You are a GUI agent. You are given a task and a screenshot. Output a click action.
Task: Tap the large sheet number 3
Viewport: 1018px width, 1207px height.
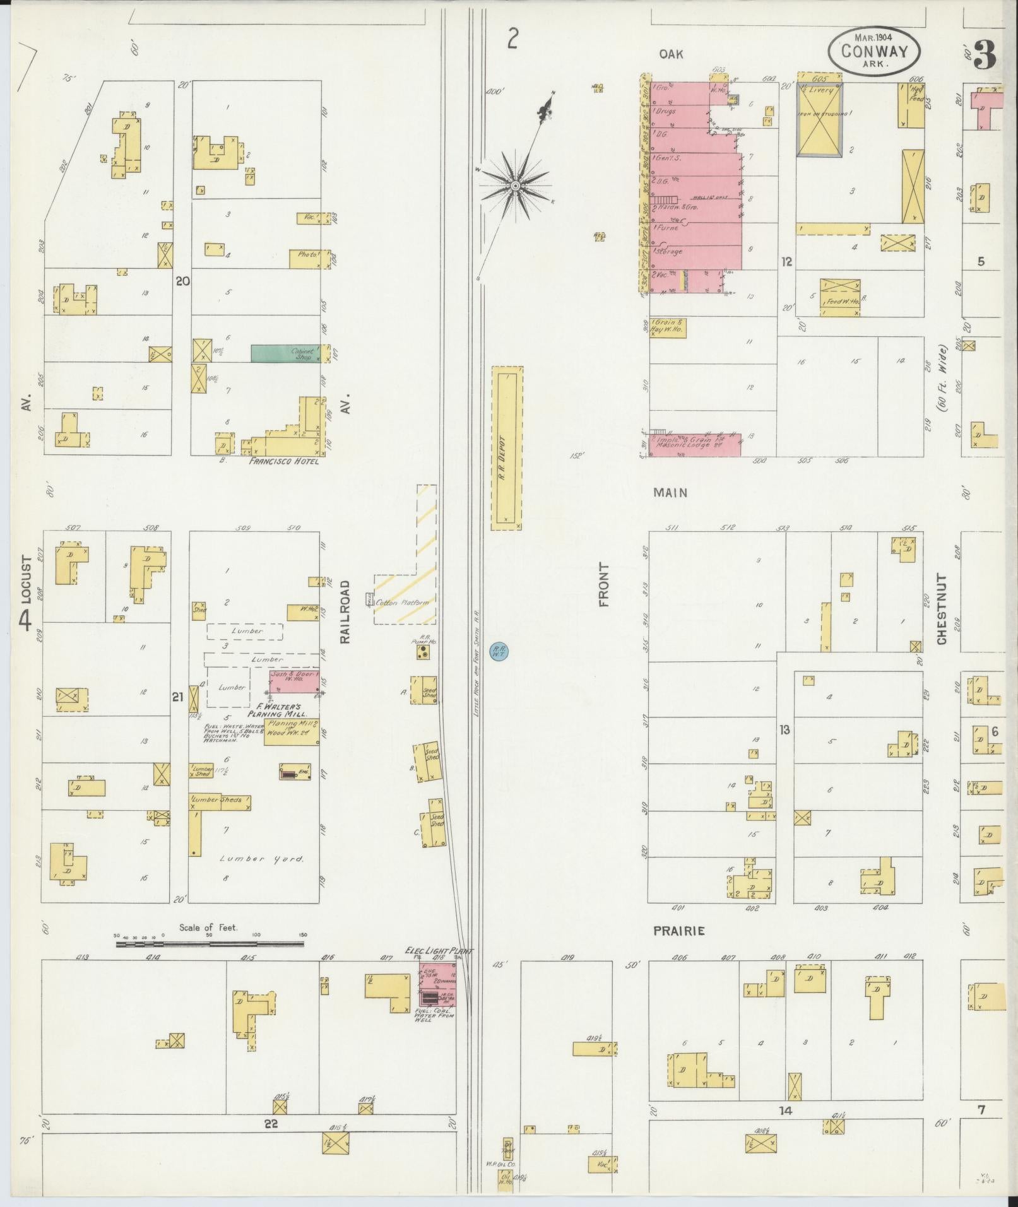985,57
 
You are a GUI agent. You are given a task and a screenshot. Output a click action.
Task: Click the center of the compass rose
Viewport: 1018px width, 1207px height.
516,185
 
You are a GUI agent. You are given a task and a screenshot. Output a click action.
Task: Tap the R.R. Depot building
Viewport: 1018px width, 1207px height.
507,449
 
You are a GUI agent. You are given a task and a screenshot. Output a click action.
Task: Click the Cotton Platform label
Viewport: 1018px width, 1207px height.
402,603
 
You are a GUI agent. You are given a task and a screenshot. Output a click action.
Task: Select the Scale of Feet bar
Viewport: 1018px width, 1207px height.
210,944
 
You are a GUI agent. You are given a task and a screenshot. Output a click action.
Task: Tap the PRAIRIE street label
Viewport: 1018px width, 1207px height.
678,931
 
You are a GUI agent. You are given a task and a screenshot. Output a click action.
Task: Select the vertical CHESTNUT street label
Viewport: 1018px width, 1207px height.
942,609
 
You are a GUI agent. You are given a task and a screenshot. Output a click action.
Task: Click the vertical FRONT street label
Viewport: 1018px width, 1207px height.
605,585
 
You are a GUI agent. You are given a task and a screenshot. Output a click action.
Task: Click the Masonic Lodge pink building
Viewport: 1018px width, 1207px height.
694,445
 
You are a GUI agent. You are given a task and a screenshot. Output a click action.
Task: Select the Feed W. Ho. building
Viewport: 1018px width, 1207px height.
841,297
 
